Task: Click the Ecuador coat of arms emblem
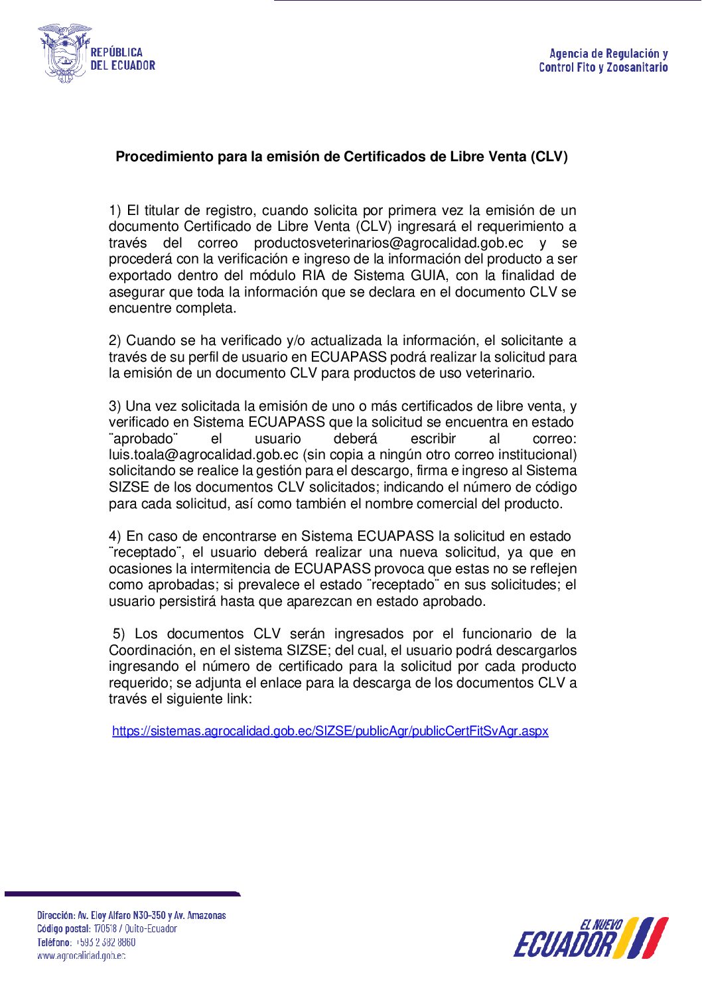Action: pos(64,53)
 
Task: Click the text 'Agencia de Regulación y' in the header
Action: pos(608,54)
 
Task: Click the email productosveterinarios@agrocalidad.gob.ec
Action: pos(388,243)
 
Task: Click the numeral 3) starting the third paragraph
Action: pos(115,406)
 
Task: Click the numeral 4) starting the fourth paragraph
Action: pos(115,536)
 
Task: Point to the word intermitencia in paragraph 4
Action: pos(232,569)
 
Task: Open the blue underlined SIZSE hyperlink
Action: pos(330,731)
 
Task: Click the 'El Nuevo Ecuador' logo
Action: pos(590,938)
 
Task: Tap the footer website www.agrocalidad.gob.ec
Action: pos(81,956)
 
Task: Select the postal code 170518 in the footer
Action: pos(105,929)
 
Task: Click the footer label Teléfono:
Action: pos(54,942)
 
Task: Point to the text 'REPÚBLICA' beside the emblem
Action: pos(117,52)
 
